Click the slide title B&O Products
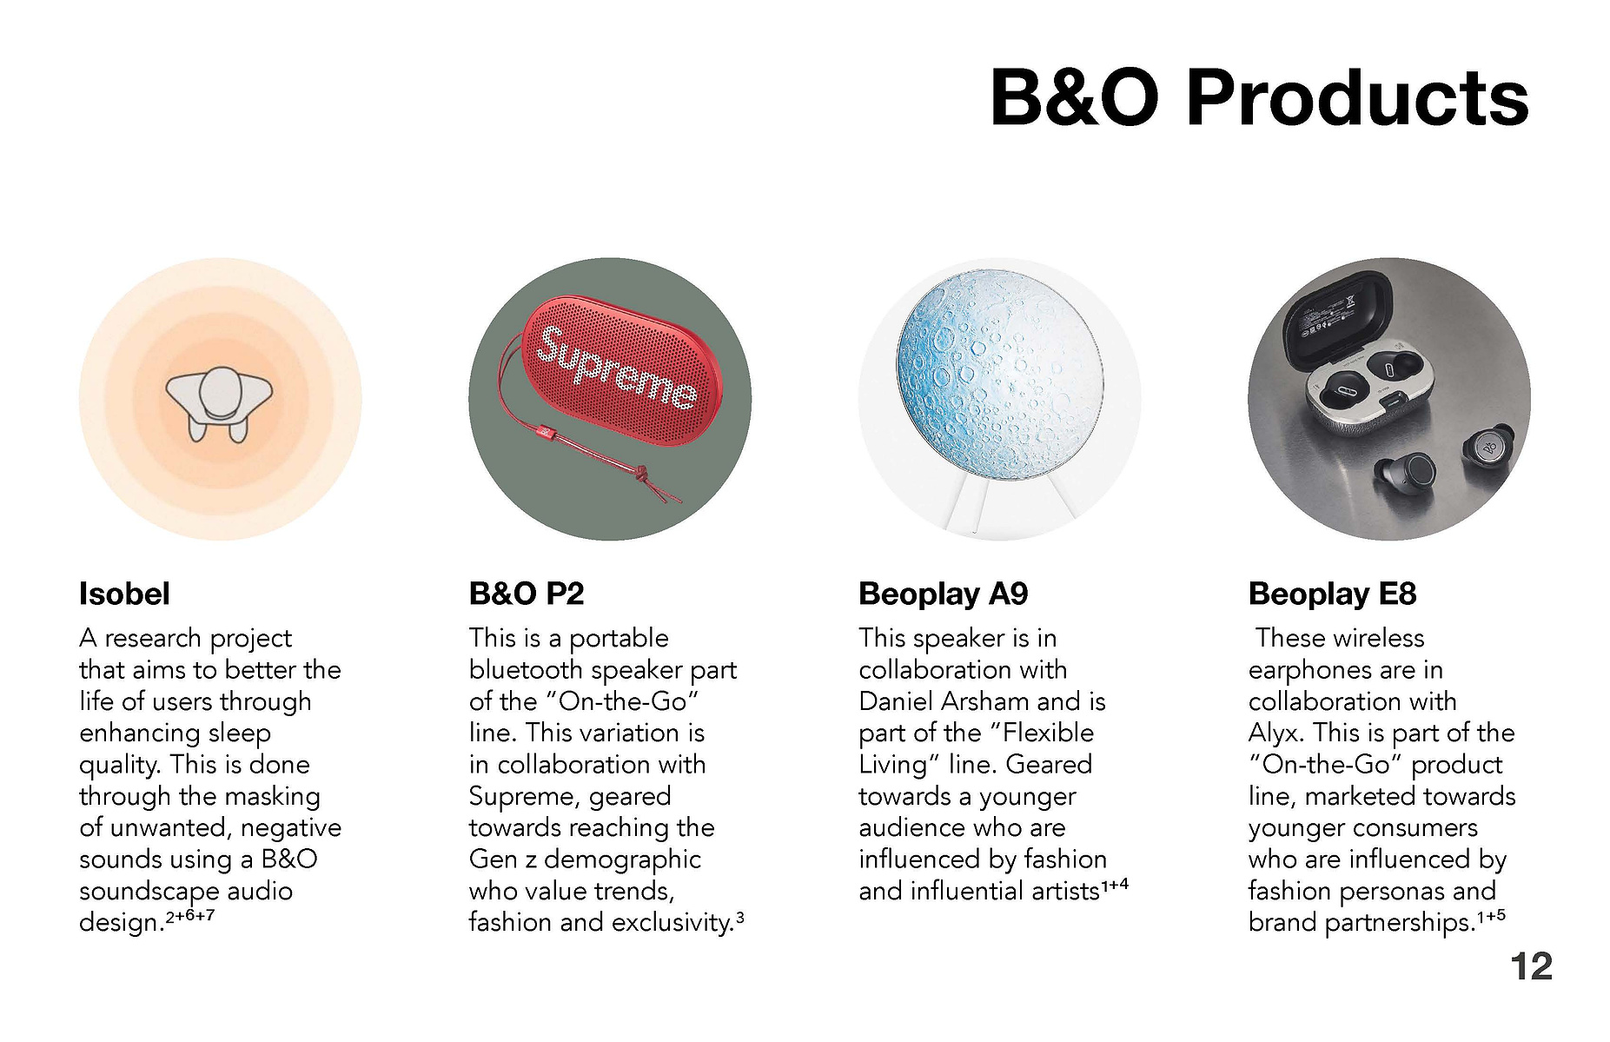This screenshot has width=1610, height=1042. [x=1259, y=97]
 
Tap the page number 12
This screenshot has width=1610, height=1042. [x=1531, y=966]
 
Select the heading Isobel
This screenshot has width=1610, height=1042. [x=124, y=594]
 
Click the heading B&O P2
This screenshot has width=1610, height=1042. [x=527, y=594]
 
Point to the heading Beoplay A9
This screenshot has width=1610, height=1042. [x=944, y=594]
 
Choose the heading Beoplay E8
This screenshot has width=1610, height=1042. [x=1332, y=594]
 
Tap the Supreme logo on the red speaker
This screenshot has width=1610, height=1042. [x=617, y=368]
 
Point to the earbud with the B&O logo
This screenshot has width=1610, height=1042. [x=1488, y=448]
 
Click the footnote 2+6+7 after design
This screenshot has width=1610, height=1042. [x=189, y=916]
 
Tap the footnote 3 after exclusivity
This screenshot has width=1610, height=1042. [x=739, y=916]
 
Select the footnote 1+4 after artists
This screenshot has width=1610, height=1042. [x=1115, y=886]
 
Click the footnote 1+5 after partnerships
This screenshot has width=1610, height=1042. [x=1491, y=916]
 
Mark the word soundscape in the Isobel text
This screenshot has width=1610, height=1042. [x=136, y=892]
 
